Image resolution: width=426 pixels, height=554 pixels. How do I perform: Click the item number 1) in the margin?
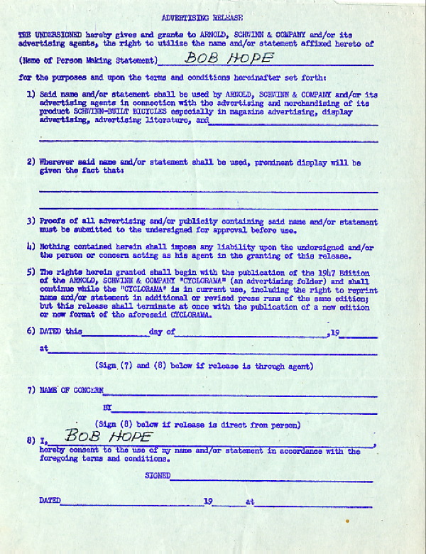[x=31, y=94]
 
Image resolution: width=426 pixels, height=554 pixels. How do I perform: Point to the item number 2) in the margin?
[x=31, y=162]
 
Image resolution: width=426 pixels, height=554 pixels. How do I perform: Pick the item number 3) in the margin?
[x=31, y=222]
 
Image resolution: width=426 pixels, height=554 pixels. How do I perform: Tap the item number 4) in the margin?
[x=31, y=246]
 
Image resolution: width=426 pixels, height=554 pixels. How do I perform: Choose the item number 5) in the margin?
[x=31, y=272]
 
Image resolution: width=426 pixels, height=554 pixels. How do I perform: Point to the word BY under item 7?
[x=107, y=408]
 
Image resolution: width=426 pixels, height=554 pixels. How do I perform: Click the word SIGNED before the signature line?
[x=158, y=475]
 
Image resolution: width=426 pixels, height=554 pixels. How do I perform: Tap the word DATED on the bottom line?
[x=50, y=501]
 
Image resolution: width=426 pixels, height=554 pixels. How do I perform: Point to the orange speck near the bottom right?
[x=347, y=521]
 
